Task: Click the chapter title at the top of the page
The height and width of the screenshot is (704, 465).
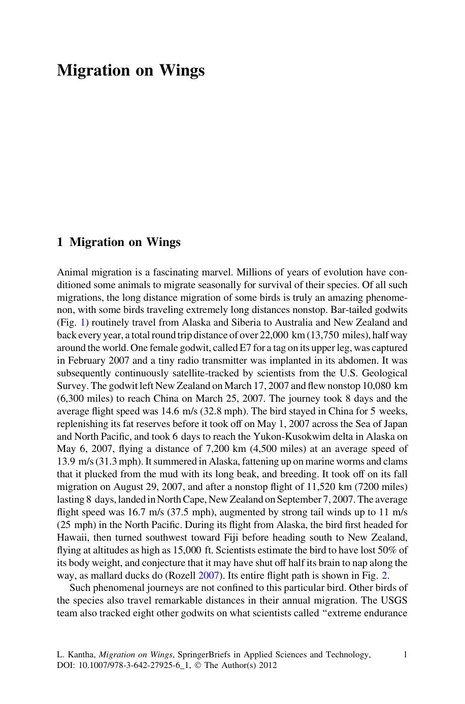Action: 130,70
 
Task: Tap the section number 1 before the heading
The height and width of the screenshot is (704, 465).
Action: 60,242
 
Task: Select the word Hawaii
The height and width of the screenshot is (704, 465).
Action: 72,538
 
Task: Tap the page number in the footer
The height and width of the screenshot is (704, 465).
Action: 405,655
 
